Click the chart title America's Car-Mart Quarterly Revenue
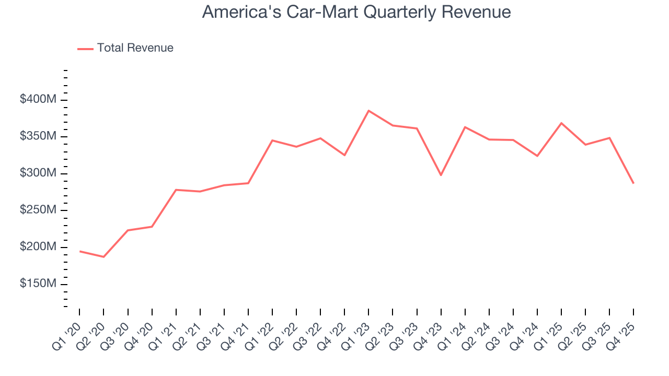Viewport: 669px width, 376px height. pos(356,12)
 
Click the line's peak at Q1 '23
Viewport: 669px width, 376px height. pos(368,111)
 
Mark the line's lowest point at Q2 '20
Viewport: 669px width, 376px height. pos(103,257)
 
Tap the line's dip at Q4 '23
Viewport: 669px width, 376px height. pos(441,175)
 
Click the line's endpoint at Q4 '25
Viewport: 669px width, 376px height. pos(633,183)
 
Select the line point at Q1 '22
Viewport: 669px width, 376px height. pos(272,140)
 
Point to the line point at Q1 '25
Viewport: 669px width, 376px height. pos(561,123)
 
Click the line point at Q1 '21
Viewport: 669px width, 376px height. pos(176,190)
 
